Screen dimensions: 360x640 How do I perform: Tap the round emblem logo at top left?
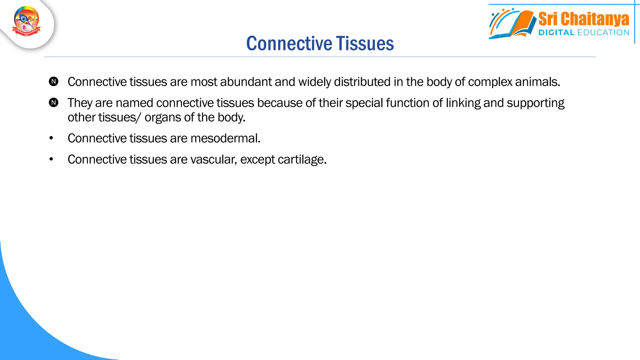pyautogui.click(x=27, y=21)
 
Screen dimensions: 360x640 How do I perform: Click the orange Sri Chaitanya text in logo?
pyautogui.click(x=583, y=19)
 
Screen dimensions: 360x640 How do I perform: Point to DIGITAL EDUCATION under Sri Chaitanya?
pyautogui.click(x=583, y=32)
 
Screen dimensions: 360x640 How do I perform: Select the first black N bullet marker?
pyautogui.click(x=54, y=82)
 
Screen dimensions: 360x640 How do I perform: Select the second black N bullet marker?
pyautogui.click(x=54, y=102)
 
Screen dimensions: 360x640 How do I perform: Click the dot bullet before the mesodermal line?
pyautogui.click(x=51, y=138)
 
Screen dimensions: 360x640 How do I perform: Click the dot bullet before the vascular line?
pyautogui.click(x=51, y=159)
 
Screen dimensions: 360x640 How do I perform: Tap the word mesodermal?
pyautogui.click(x=225, y=138)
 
